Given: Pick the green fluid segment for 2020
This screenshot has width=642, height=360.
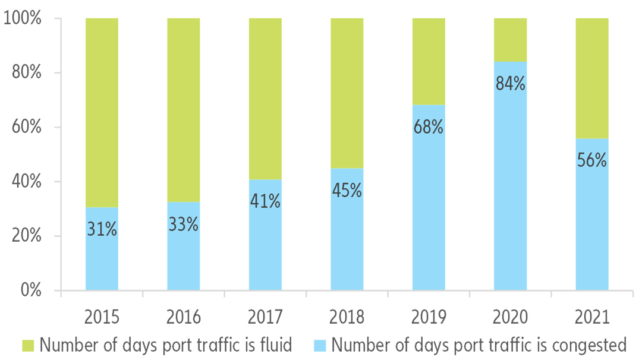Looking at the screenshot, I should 510,40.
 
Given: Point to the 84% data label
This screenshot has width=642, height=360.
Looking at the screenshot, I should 510,84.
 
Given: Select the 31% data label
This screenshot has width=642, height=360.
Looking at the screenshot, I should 102,229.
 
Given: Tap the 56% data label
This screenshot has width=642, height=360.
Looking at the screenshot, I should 591,160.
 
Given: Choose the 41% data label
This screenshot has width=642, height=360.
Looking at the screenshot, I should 265,201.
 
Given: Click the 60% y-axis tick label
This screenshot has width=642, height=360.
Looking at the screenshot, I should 26,127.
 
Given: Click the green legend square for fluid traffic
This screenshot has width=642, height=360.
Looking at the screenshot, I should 28,345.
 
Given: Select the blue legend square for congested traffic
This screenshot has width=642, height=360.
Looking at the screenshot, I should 319,345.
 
